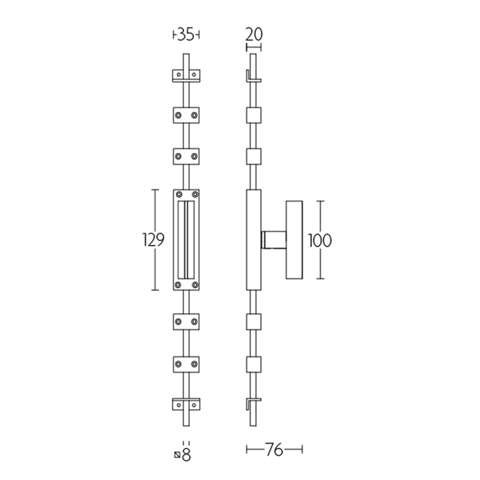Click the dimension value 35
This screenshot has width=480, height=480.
coord(186,36)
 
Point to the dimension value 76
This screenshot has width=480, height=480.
coord(274,450)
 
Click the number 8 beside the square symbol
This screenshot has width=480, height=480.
coord(187,455)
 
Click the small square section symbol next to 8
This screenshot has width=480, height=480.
coord(178,455)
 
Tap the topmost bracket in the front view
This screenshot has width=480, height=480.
coord(186,76)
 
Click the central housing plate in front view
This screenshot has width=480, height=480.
coord(186,239)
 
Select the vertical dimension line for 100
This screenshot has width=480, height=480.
coord(319,215)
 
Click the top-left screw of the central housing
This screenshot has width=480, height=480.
coord(177,194)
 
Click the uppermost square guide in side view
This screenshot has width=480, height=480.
coord(254,115)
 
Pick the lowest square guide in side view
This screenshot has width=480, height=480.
coord(254,363)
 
